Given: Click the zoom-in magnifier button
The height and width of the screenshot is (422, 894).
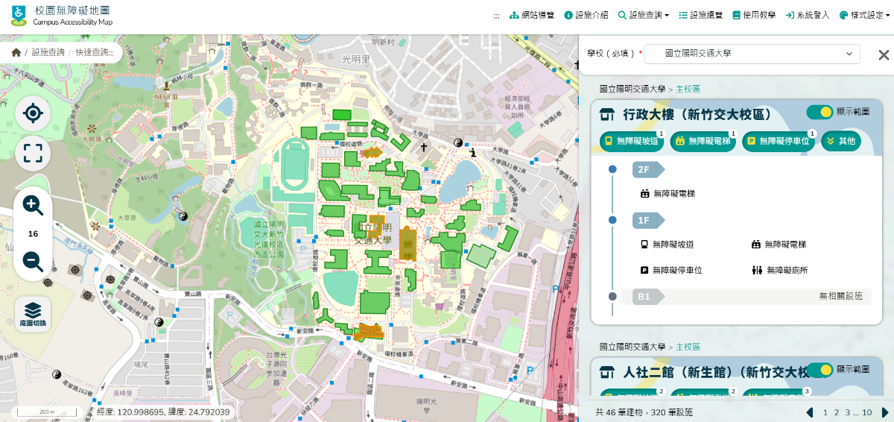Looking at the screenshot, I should tap(33, 206).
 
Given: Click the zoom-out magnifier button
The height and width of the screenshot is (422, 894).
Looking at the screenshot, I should tap(33, 261).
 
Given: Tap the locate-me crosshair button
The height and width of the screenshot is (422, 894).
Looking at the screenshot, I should tap(33, 113).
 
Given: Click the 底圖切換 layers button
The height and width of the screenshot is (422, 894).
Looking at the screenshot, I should tap(33, 314).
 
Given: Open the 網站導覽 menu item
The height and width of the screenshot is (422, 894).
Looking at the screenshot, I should tap(532, 15).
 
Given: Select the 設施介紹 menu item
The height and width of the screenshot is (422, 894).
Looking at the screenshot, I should tap(586, 15).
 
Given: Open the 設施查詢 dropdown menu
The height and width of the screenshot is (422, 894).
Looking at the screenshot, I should tap(643, 15).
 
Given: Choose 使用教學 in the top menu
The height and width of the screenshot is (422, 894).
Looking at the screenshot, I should tap(754, 15).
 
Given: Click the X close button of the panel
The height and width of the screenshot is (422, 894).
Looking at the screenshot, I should tap(884, 54).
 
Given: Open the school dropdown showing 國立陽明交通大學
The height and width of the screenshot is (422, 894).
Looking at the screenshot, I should tap(752, 54).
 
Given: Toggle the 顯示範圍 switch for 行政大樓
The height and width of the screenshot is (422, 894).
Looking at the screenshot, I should tap(819, 112).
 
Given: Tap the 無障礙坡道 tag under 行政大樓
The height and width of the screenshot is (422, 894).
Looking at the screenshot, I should tap(630, 141).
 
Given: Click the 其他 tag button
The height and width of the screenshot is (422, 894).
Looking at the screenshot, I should tap(841, 141).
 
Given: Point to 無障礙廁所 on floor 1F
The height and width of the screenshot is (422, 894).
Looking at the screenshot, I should tap(780, 271).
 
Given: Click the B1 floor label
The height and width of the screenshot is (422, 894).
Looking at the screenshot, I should tap(644, 297).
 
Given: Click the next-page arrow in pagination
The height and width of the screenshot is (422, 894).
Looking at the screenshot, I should tap(885, 412).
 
